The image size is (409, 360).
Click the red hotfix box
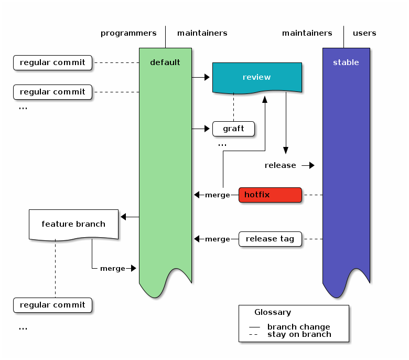pyautogui.click(x=270, y=195)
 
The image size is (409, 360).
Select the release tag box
pyautogui.click(x=270, y=239)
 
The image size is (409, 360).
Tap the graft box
pyautogui.click(x=233, y=129)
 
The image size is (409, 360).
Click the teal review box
pyautogui.click(x=256, y=77)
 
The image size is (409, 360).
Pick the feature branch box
pyautogui.click(x=73, y=224)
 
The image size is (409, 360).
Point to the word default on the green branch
pyautogui.click(x=165, y=62)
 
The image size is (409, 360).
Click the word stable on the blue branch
pyautogui.click(x=346, y=62)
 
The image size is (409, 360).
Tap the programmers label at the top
pyautogui.click(x=128, y=33)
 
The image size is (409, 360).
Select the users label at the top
pyautogui.click(x=364, y=33)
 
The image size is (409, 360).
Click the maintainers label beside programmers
pyautogui.click(x=202, y=33)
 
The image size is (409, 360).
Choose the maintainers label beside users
pyautogui.click(x=307, y=33)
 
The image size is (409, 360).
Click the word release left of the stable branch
pyautogui.click(x=280, y=165)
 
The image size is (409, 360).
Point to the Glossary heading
pyautogui.click(x=273, y=312)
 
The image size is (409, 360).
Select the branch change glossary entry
pyautogui.click(x=298, y=327)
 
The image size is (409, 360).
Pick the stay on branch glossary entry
pyautogui.click(x=299, y=334)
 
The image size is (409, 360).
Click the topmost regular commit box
pyautogui.click(x=52, y=62)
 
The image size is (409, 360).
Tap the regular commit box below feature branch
pyautogui.click(x=52, y=305)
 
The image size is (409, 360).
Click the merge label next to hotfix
pyautogui.click(x=217, y=195)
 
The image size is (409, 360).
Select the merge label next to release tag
pyautogui.click(x=217, y=239)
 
